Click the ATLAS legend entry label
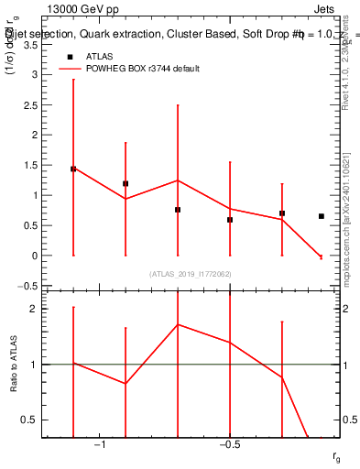pos(100,56)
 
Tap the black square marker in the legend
pos(69,56)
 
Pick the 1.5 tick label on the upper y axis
pos(30,165)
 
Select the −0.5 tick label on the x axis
pos(228,446)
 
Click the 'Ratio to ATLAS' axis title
pos(13,365)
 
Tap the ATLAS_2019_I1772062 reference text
pos(191,274)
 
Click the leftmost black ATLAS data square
pos(73,169)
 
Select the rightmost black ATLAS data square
pos(321,216)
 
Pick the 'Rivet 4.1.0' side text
pos(351,69)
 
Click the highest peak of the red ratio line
pos(178,324)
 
